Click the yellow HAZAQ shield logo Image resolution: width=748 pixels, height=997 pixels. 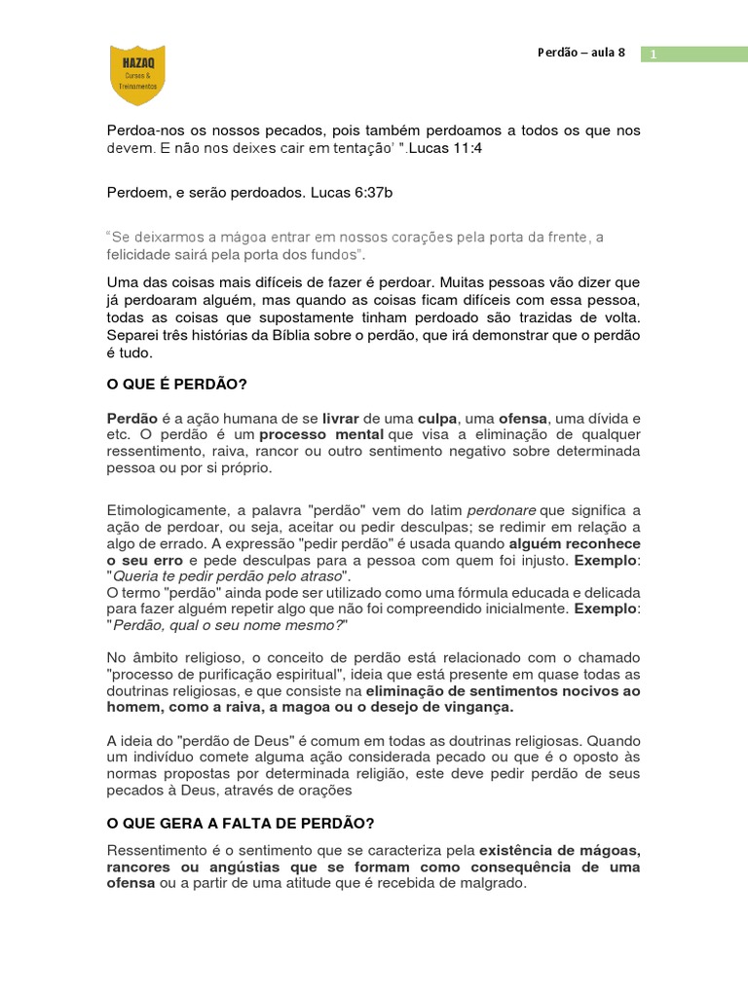(137, 75)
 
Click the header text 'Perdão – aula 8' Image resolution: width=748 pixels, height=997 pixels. (581, 53)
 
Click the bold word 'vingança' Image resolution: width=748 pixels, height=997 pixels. (478, 706)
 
